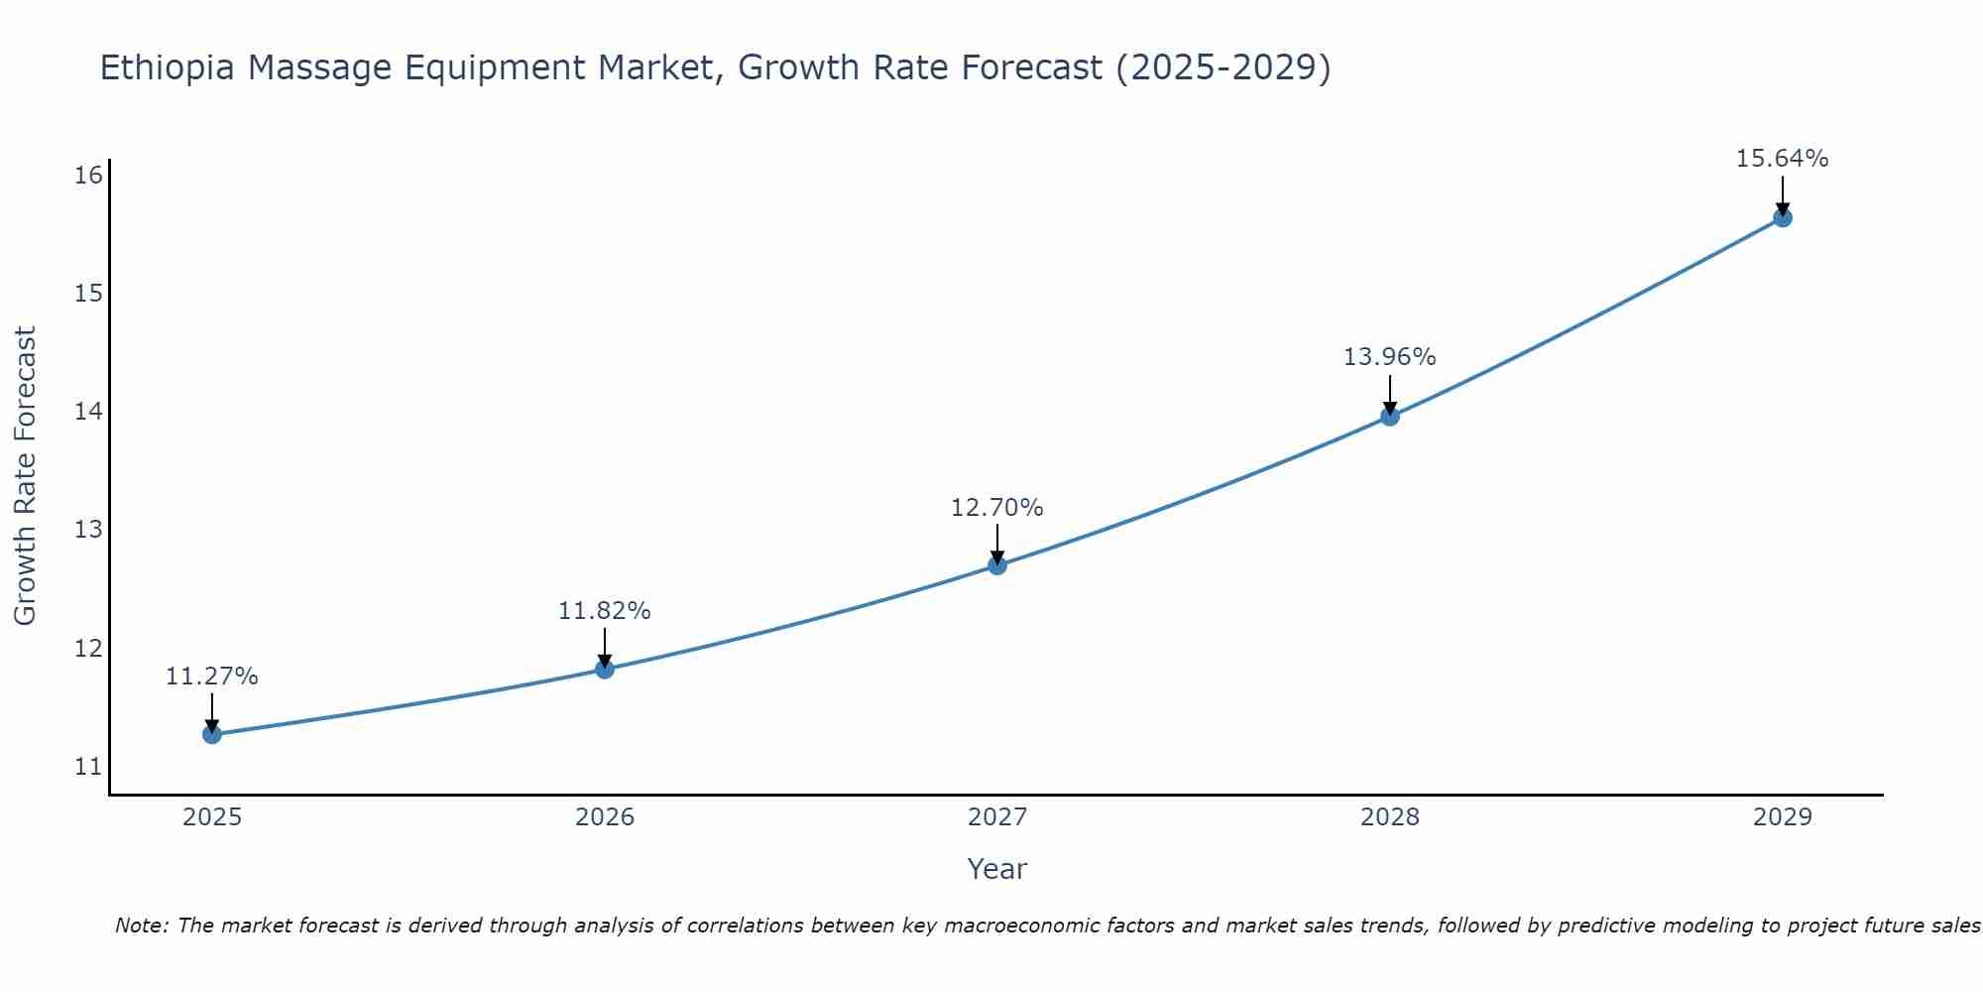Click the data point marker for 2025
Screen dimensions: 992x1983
[212, 734]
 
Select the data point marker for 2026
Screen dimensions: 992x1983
[605, 669]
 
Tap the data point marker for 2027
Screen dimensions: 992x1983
[997, 565]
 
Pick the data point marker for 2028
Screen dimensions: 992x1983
[1390, 417]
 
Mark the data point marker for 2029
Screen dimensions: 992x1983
[1782, 218]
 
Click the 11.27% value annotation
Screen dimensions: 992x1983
[211, 677]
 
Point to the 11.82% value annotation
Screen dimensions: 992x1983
[604, 611]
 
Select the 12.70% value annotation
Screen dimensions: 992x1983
[996, 508]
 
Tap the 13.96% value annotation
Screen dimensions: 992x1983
[1389, 357]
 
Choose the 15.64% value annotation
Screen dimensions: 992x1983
[1782, 159]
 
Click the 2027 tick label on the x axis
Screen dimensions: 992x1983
[997, 817]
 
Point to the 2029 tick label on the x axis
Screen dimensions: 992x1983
[1782, 817]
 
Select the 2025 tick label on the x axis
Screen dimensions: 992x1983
[212, 817]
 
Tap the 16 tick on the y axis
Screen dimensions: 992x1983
[88, 176]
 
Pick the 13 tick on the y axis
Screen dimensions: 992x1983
[88, 530]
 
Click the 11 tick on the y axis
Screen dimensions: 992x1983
[88, 767]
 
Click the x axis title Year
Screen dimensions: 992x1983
[996, 869]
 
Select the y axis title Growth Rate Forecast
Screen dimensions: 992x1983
[25, 476]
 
